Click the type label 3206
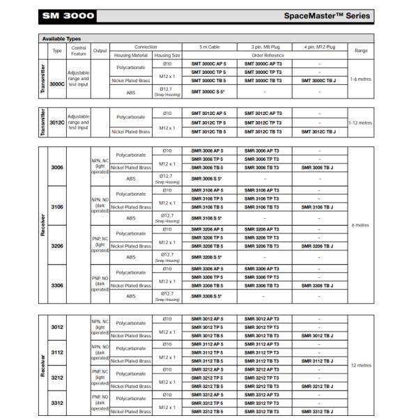coord(59,246)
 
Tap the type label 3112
coord(59,353)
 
